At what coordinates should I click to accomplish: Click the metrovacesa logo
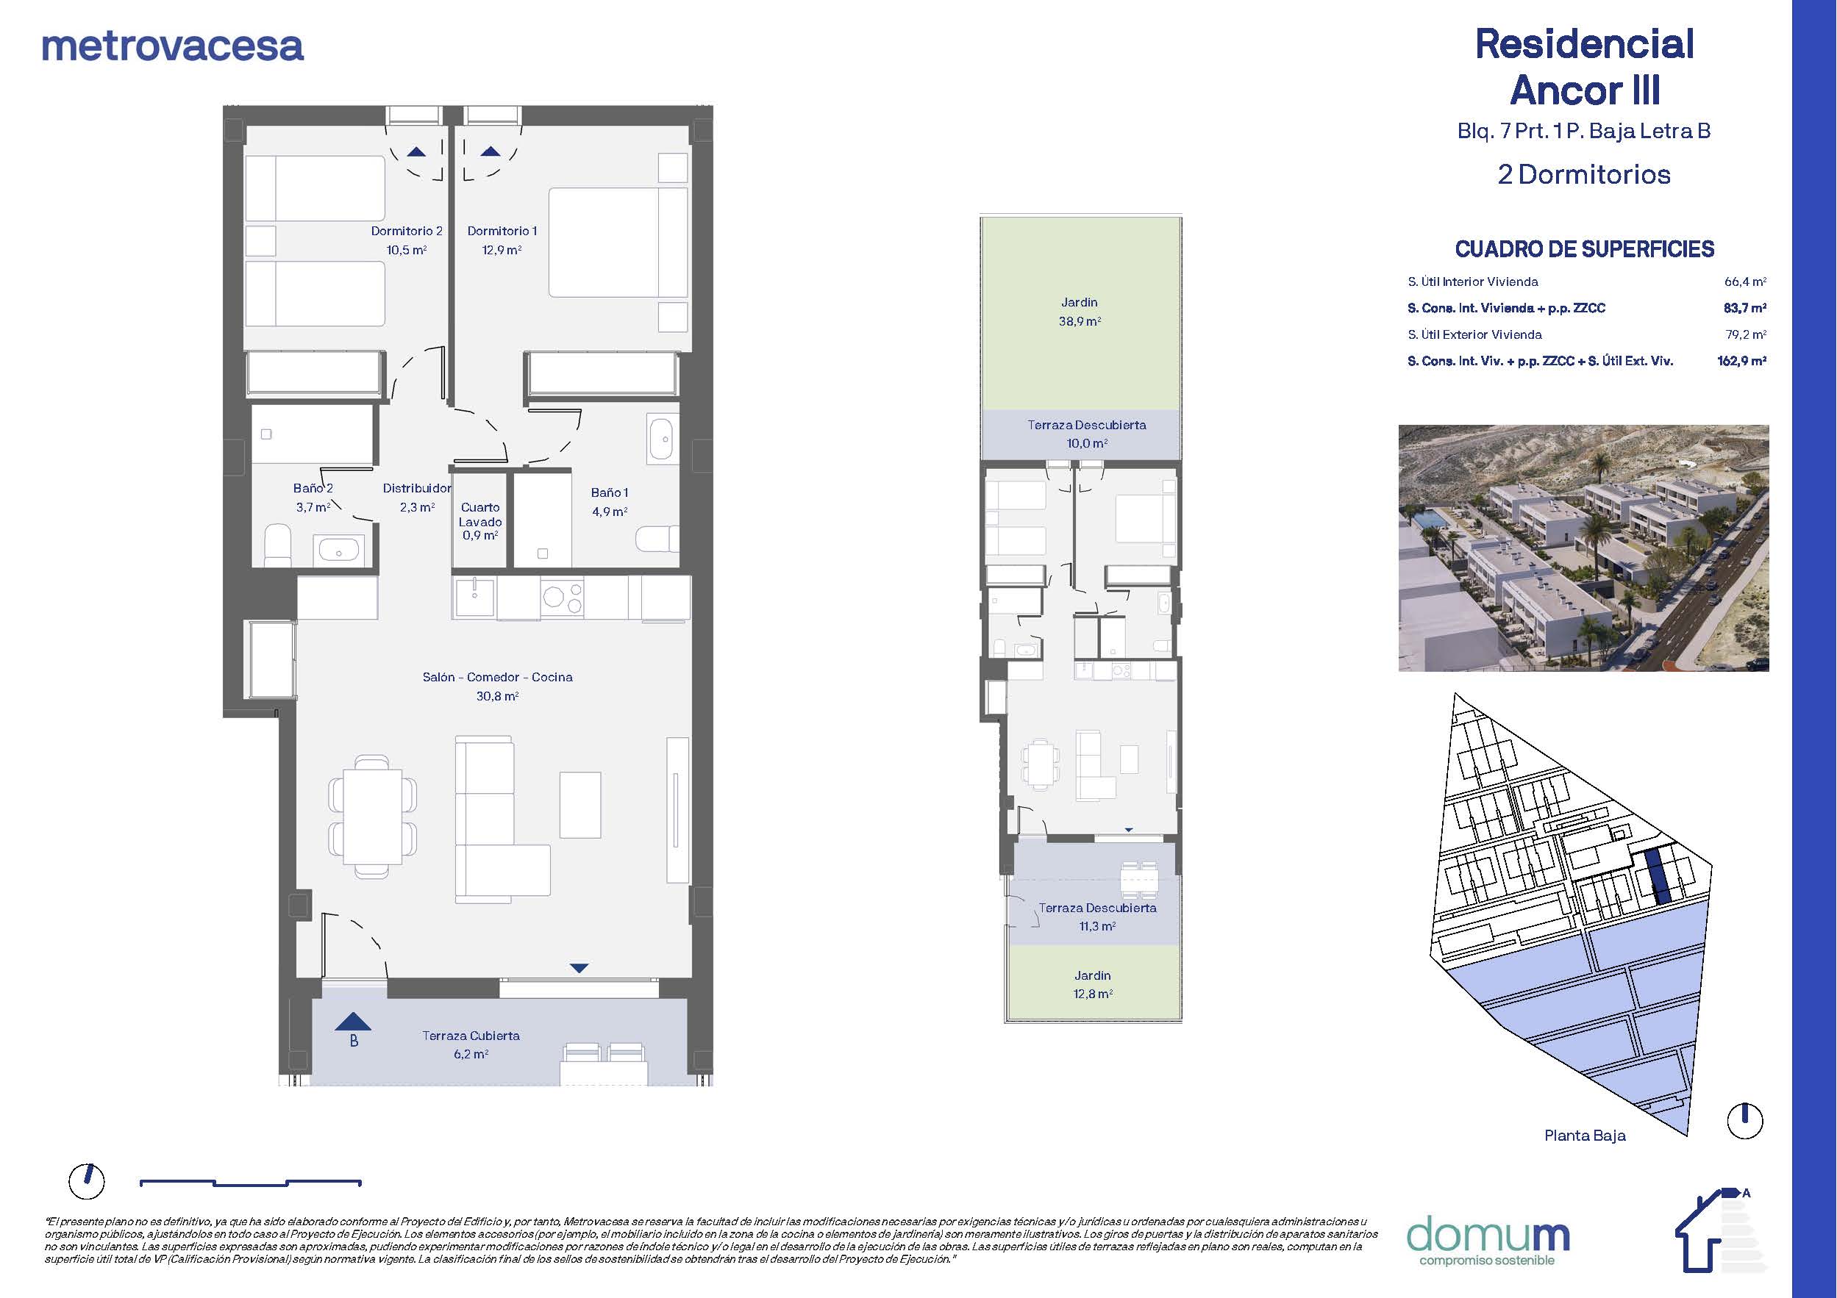172,46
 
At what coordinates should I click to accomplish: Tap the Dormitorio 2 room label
407,231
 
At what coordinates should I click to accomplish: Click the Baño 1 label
610,492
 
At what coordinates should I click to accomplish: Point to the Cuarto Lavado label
480,514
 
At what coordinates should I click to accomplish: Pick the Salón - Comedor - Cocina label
498,678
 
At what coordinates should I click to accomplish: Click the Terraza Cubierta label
471,1036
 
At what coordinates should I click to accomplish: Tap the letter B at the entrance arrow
354,1041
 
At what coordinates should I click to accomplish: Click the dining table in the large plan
373,817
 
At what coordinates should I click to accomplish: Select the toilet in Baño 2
278,545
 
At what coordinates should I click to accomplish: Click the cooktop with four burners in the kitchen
562,598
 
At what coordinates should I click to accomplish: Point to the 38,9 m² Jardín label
1080,312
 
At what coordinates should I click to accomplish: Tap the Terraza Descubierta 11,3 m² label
1098,917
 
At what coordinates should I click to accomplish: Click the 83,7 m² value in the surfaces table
1745,308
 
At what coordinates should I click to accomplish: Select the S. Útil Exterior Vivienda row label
1474,334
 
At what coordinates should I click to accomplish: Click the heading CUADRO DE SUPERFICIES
1584,249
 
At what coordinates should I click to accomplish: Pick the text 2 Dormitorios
1584,174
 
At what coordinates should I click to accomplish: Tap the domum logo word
1488,1236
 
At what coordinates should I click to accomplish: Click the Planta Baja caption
1585,1136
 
